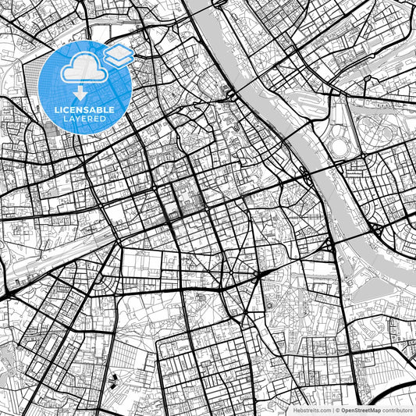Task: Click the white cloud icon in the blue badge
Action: [84, 69]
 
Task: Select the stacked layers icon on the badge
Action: [119, 55]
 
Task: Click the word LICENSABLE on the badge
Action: [84, 109]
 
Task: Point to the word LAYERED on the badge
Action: [84, 119]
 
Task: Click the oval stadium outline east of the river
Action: [341, 146]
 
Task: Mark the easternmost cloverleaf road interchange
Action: [377, 232]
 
